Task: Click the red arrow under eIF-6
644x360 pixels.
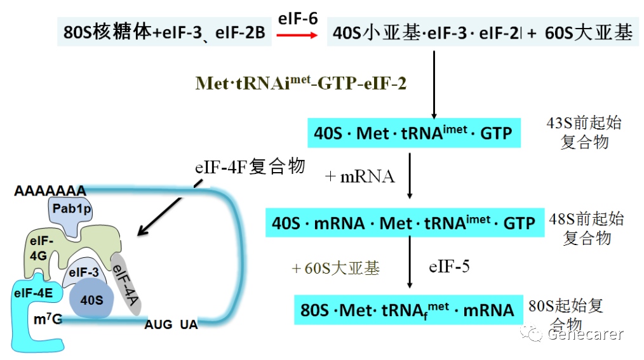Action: pyautogui.click(x=297, y=36)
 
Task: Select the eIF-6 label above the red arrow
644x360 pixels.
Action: pyautogui.click(x=297, y=18)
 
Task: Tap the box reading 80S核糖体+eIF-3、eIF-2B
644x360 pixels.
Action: pyautogui.click(x=164, y=32)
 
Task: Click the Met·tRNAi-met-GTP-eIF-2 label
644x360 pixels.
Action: pyautogui.click(x=301, y=83)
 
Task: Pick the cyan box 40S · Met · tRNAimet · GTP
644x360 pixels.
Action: pyautogui.click(x=413, y=134)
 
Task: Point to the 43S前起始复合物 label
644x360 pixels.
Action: pyautogui.click(x=584, y=133)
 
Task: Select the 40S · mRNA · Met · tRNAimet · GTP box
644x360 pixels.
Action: pyautogui.click(x=404, y=223)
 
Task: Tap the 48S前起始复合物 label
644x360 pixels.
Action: pyautogui.click(x=587, y=229)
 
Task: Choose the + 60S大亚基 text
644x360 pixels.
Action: pyautogui.click(x=335, y=269)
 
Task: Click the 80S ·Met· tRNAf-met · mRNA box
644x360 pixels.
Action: pyautogui.click(x=407, y=310)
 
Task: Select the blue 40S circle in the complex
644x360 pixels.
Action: pyautogui.click(x=91, y=299)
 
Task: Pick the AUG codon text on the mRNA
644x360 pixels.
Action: pyautogui.click(x=158, y=325)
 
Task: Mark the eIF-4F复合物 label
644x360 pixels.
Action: pyautogui.click(x=250, y=167)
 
